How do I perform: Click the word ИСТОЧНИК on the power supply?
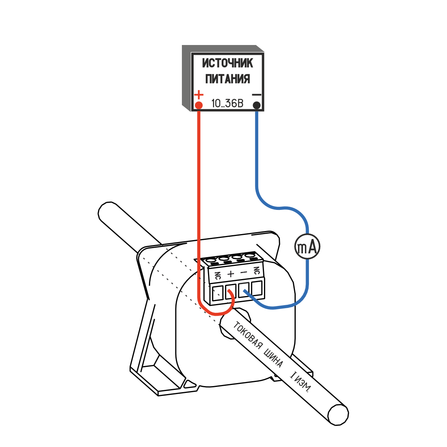click(x=227, y=63)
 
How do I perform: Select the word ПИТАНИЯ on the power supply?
click(x=227, y=79)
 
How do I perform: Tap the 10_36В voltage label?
click(x=227, y=103)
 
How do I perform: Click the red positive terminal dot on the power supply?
click(x=199, y=105)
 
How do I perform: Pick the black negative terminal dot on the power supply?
click(x=257, y=105)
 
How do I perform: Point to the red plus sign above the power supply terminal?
click(x=199, y=94)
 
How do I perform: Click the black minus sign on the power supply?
click(x=257, y=95)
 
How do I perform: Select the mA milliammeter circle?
click(x=307, y=247)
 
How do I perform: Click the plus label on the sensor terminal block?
click(x=231, y=273)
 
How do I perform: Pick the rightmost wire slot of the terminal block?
click(x=257, y=289)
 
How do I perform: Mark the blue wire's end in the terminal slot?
click(x=245, y=291)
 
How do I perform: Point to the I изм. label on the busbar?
click(x=300, y=382)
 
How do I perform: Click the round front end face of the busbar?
click(x=338, y=414)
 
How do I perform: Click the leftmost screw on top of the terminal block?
click(x=212, y=261)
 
